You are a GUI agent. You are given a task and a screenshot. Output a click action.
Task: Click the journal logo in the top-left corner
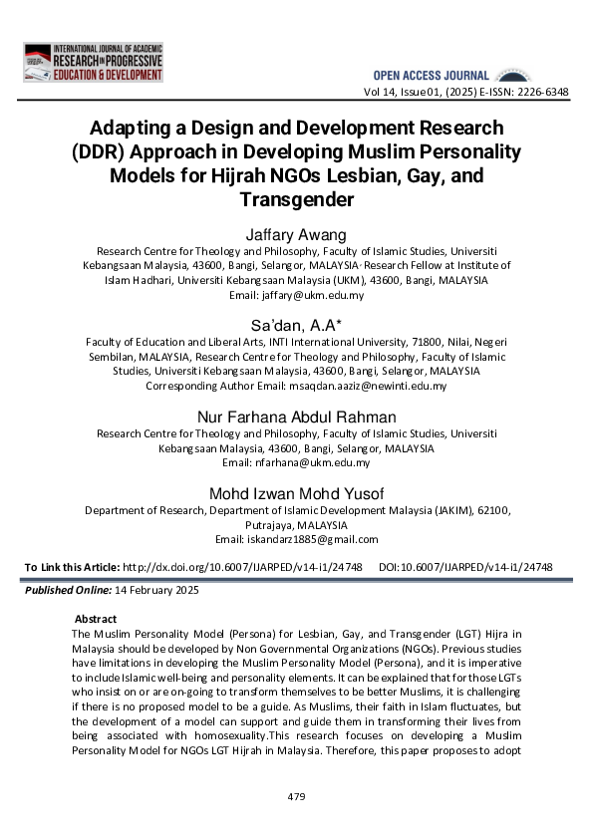[x=93, y=63]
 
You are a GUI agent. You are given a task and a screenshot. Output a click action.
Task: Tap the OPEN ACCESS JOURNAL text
[x=431, y=76]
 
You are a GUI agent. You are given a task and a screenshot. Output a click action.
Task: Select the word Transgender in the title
[x=297, y=198]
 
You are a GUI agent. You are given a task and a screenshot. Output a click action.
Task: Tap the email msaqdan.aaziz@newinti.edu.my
[x=361, y=386]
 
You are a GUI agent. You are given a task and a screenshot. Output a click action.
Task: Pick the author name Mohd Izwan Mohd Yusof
[x=297, y=493]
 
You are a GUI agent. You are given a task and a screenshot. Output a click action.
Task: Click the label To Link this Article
[x=71, y=567]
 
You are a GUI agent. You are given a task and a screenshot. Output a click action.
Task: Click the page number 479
[x=296, y=796]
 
